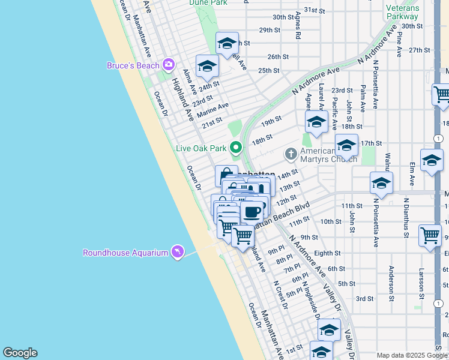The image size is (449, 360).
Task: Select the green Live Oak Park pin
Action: coord(236,146)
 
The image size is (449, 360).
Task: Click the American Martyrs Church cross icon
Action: coord(291,154)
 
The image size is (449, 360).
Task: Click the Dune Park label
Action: coord(207,2)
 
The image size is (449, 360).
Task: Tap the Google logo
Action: coord(20,353)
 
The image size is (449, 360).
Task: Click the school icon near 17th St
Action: coord(346,145)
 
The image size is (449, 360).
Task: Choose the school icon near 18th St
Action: coord(316,122)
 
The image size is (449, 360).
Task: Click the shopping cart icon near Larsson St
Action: coord(430,235)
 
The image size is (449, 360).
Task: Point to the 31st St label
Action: coord(314,10)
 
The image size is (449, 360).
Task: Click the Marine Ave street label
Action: coord(212,110)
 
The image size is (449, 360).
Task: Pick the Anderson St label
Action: coord(391,283)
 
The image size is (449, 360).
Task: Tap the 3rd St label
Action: coord(364,298)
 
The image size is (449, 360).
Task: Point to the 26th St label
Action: coord(278,57)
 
